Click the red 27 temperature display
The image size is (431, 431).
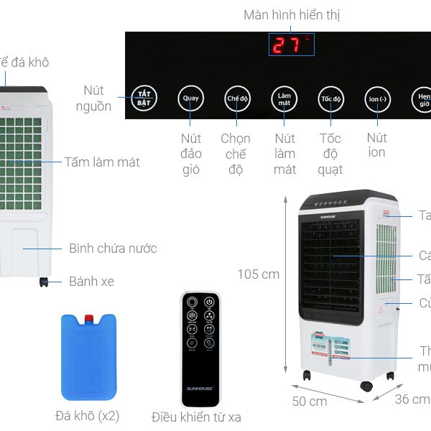(291, 45)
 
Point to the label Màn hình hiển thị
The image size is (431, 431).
(292, 15)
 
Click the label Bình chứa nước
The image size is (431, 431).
(113, 249)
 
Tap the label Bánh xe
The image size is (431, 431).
(91, 282)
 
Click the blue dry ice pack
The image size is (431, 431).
(89, 357)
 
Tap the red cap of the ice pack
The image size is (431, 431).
(89, 318)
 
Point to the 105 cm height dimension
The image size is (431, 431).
(259, 274)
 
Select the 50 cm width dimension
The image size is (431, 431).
(310, 401)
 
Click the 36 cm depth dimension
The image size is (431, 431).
(412, 399)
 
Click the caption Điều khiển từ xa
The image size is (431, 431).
(197, 417)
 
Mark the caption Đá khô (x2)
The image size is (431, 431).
(88, 416)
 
